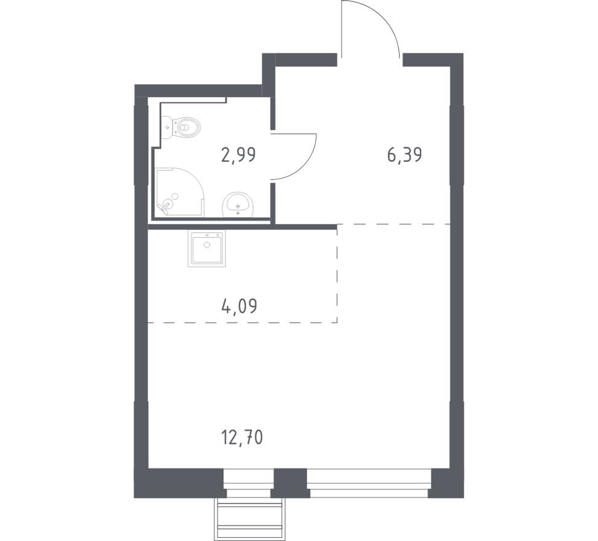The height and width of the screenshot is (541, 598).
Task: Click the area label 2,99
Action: [x=238, y=154]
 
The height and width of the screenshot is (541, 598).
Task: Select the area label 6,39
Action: [x=404, y=154]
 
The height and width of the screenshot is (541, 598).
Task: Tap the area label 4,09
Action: [x=238, y=305]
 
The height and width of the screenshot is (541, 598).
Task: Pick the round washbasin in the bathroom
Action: [x=237, y=203]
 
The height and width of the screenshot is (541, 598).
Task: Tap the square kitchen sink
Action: [x=207, y=248]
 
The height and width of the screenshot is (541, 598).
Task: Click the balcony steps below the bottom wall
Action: [x=249, y=518]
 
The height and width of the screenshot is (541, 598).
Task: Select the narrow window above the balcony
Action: [x=248, y=483]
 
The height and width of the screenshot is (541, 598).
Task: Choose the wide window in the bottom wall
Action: [x=368, y=483]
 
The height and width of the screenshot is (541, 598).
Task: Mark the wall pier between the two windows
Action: [x=290, y=483]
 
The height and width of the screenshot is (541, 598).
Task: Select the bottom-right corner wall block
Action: [x=447, y=483]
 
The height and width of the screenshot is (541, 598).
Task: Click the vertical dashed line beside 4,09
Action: [x=337, y=274]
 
